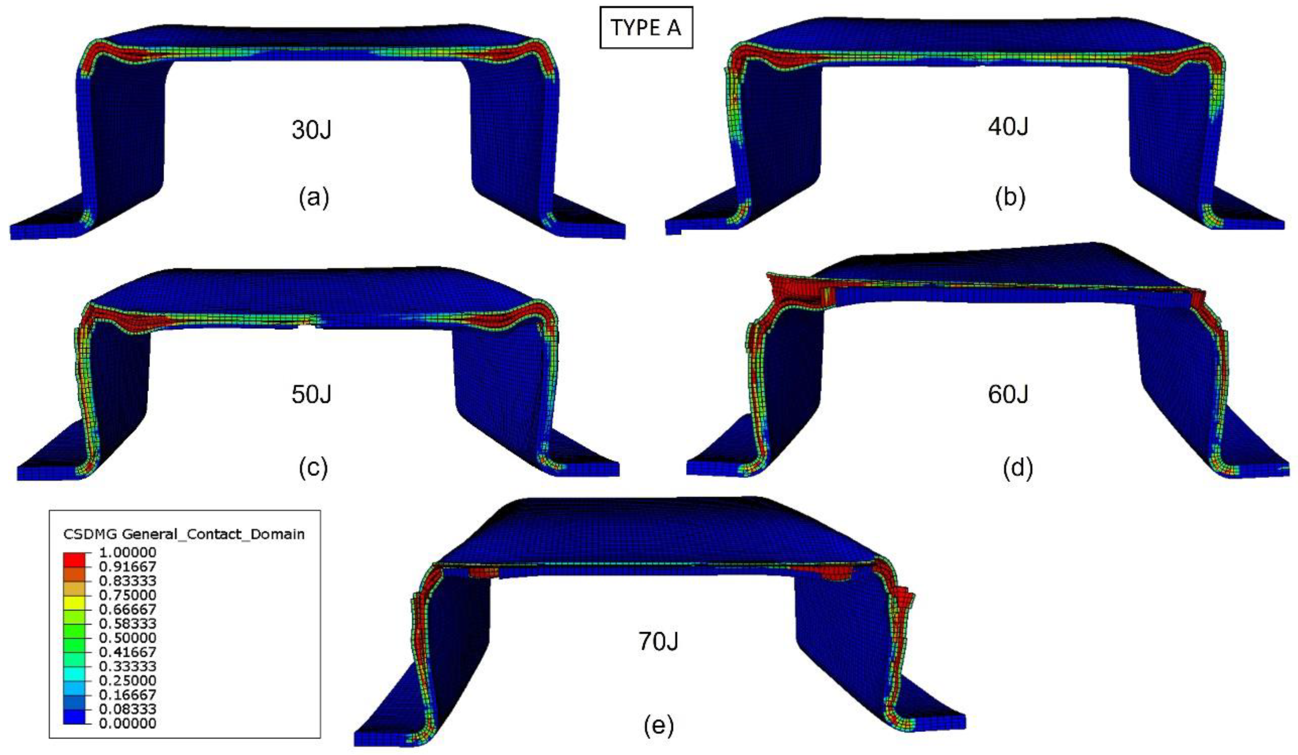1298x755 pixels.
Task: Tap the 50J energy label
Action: (x=311, y=394)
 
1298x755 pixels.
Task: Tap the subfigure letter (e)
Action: (x=659, y=726)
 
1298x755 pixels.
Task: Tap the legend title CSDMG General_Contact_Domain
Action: (x=184, y=535)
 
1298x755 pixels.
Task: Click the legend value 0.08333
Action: (x=125, y=709)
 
